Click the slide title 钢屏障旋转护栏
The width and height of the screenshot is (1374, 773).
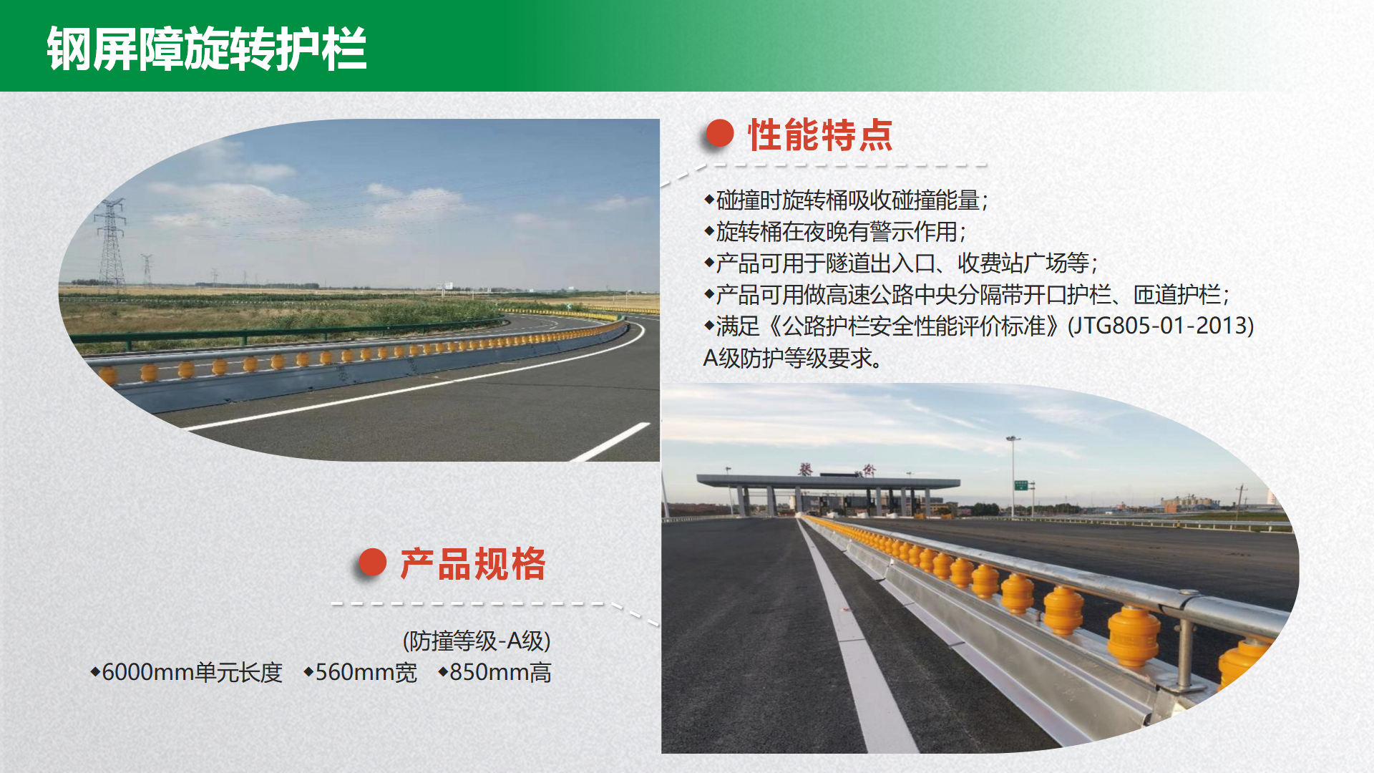click(x=207, y=49)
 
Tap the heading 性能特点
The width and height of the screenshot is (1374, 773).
click(x=821, y=135)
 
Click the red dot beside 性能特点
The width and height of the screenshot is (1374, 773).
click(x=720, y=133)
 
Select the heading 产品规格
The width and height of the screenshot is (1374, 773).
click(x=473, y=564)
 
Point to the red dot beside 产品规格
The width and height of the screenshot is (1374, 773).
click(x=372, y=563)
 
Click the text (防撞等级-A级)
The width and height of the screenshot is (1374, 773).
click(x=477, y=641)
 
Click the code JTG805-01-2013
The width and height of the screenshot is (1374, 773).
click(x=1160, y=326)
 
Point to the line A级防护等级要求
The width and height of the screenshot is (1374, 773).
click(x=792, y=358)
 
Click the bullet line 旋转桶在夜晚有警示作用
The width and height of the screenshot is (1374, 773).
click(x=835, y=231)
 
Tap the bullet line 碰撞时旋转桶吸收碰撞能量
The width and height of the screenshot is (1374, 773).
click(x=846, y=200)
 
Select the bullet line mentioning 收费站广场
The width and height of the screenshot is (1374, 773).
click(x=902, y=263)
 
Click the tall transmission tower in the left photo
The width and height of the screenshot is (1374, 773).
click(x=111, y=243)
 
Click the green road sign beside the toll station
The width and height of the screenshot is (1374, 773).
click(x=1021, y=485)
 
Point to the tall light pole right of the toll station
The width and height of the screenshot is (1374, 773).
click(x=1013, y=476)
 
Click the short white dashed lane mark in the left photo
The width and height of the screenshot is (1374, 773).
click(x=610, y=442)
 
